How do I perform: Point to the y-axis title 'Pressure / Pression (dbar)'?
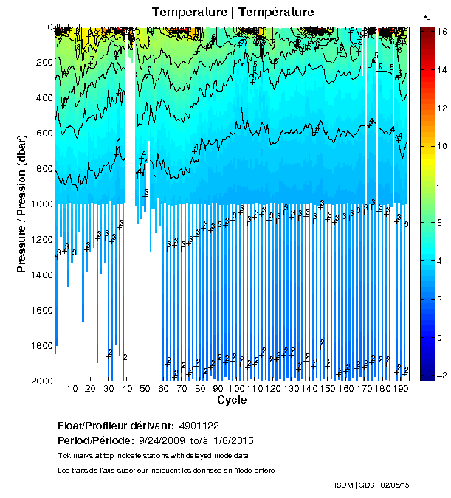point(21,204)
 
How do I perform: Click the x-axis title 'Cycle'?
point(232,400)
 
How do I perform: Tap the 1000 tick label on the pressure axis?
point(38,204)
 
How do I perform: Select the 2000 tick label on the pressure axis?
point(38,381)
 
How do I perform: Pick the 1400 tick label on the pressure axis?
point(38,274)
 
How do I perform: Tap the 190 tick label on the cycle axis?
point(402,389)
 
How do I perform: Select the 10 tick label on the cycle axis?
point(72,389)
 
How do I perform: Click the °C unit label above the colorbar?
point(427,16)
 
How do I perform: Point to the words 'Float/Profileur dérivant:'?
point(115,426)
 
